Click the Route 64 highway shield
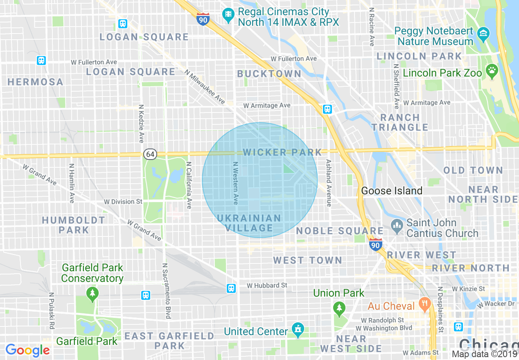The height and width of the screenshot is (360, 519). (150, 154)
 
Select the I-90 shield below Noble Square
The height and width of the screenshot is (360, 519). (375, 245)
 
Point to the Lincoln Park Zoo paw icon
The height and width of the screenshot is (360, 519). (491, 71)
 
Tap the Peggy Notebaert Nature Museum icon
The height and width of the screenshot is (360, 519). (483, 32)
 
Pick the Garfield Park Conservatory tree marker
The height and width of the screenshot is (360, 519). (93, 293)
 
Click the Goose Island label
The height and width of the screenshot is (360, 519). (391, 191)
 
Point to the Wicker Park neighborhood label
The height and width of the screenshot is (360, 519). (282, 153)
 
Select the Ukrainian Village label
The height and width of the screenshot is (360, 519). (249, 223)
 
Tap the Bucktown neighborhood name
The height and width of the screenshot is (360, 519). (269, 74)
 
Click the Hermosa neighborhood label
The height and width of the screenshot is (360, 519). (36, 82)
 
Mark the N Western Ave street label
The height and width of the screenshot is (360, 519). (235, 183)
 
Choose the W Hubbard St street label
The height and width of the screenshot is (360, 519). (267, 285)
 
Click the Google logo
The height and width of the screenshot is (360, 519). (27, 350)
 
